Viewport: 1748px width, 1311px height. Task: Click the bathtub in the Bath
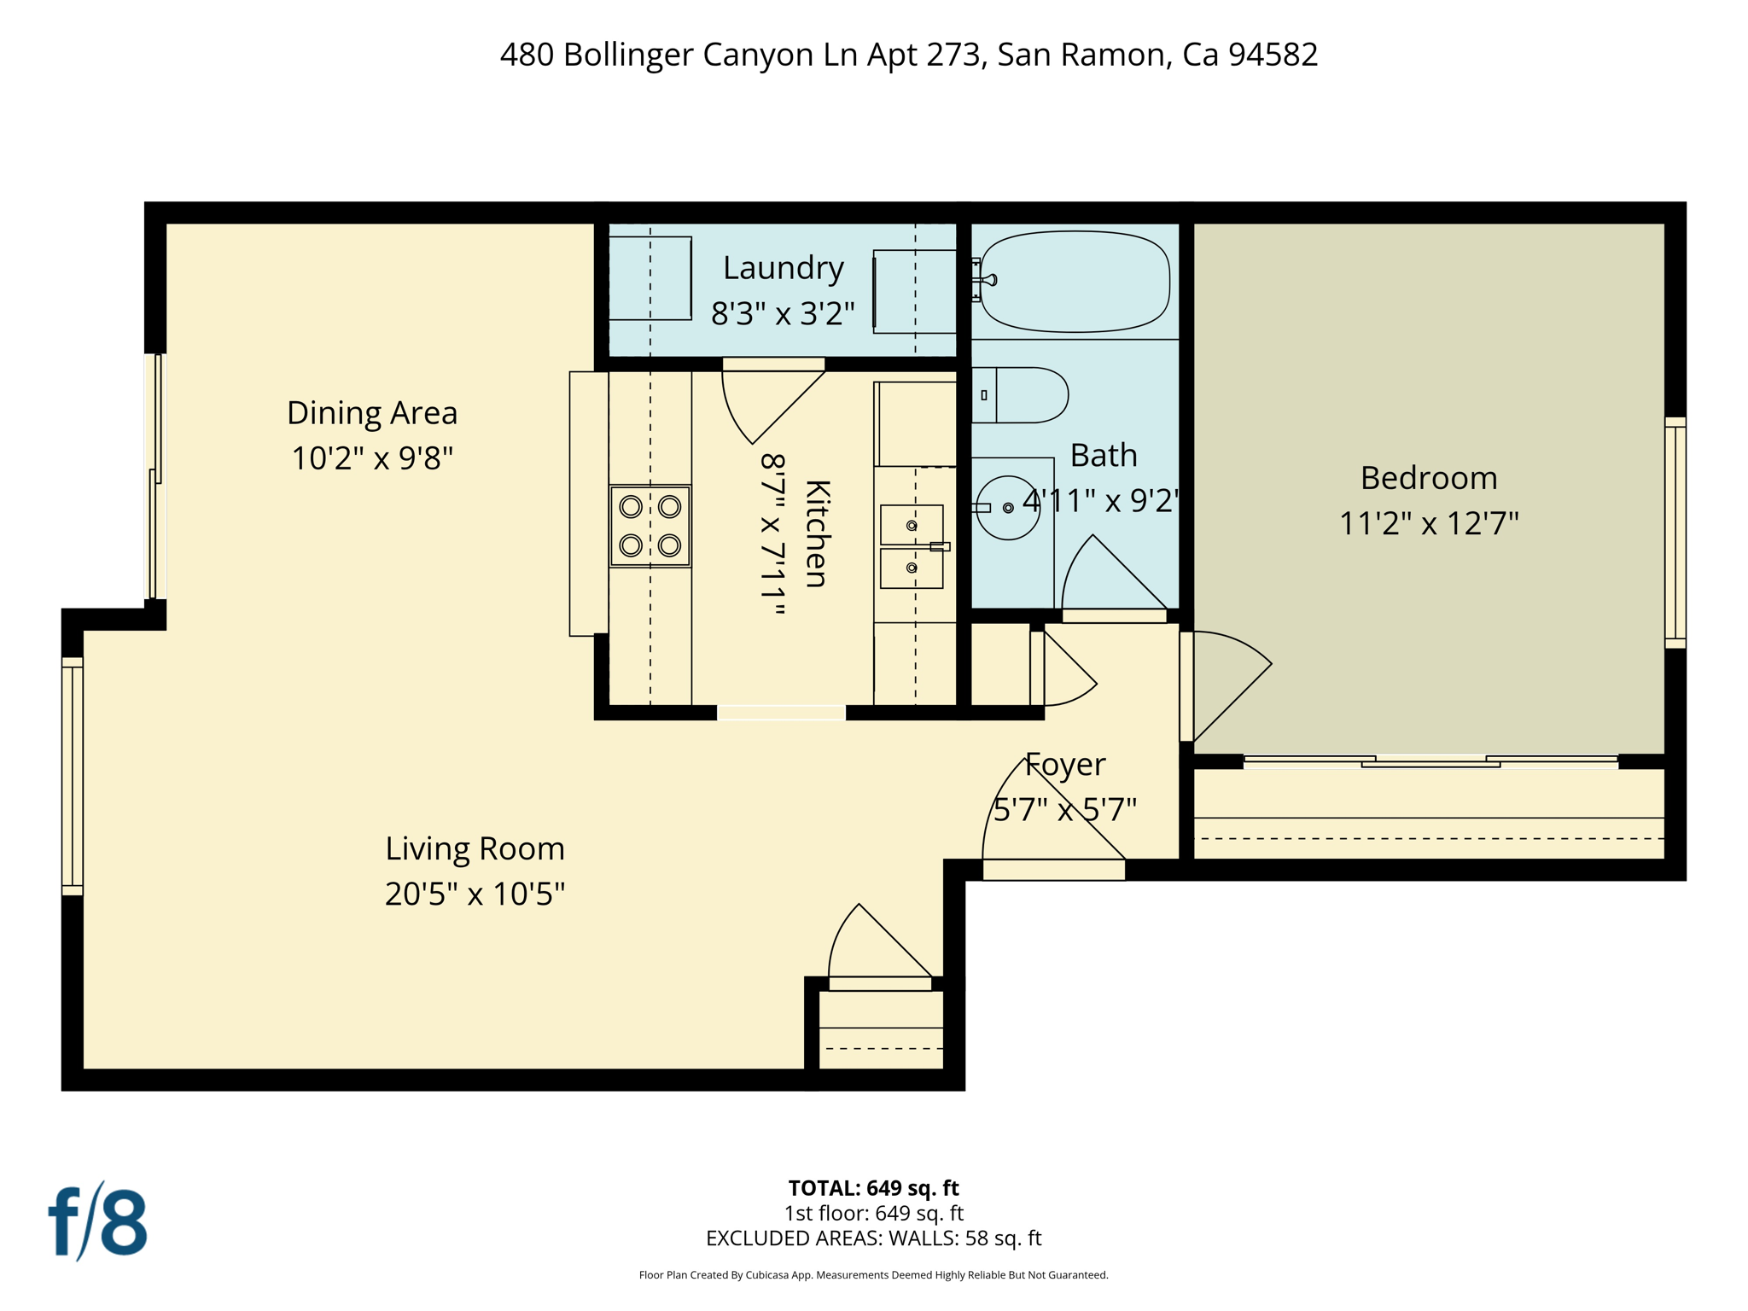click(1074, 282)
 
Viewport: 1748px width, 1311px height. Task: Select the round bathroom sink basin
click(1007, 508)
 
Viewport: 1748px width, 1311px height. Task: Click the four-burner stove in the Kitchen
click(650, 526)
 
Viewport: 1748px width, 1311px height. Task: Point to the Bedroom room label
click(1428, 478)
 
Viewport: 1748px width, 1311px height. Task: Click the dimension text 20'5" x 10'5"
click(475, 894)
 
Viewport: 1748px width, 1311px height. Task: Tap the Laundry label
click(783, 268)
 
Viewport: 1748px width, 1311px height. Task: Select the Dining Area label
click(372, 413)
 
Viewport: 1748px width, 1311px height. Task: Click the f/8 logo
click(97, 1221)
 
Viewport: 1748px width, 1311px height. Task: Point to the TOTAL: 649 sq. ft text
click(873, 1188)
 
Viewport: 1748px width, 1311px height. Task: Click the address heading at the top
click(908, 55)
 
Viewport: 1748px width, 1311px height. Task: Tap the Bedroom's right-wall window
click(1675, 533)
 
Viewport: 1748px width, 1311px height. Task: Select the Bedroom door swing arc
click(1229, 679)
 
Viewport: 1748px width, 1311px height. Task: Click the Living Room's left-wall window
click(73, 776)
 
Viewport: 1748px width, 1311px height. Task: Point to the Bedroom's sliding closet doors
click(1430, 761)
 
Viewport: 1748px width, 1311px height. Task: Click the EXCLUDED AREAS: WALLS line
click(873, 1238)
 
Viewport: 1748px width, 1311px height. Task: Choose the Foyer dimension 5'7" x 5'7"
click(1064, 809)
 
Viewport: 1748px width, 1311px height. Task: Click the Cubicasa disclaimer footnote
click(873, 1275)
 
